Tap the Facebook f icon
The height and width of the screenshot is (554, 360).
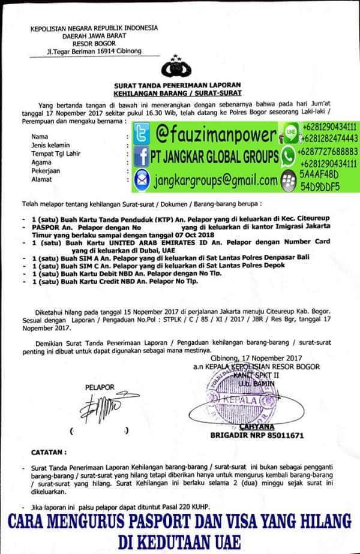coord(142,156)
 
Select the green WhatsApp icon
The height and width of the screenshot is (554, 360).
coord(289,157)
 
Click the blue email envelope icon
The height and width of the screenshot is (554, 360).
coord(142,179)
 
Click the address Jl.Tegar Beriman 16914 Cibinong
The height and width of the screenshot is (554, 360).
coord(94,52)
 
